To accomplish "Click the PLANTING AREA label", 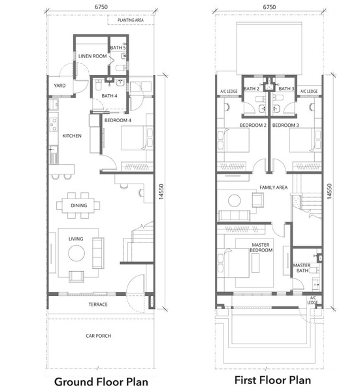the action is pos(131,20).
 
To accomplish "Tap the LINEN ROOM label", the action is pos(93,56).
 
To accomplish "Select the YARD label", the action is pos(59,86).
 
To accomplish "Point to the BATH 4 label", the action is pos(109,96).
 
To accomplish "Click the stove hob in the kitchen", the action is pos(54,125).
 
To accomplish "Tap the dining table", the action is pos(78,206).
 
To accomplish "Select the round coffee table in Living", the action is pos(76,253).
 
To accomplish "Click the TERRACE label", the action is pos(98,304).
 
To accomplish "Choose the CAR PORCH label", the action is pos(98,336).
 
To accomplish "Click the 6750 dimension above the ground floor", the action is pos(101,7).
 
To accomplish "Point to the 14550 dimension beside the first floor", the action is pos(329,191).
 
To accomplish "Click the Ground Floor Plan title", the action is pos(101,382).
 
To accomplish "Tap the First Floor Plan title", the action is pos(272,380).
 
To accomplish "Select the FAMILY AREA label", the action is pos(274,188).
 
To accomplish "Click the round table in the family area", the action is pos(235,201).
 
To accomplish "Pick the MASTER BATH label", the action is pos(302,268).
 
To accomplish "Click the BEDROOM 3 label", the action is pos(286,125).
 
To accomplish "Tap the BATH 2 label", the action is pos(252,88).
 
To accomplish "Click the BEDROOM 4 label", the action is pos(118,120).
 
